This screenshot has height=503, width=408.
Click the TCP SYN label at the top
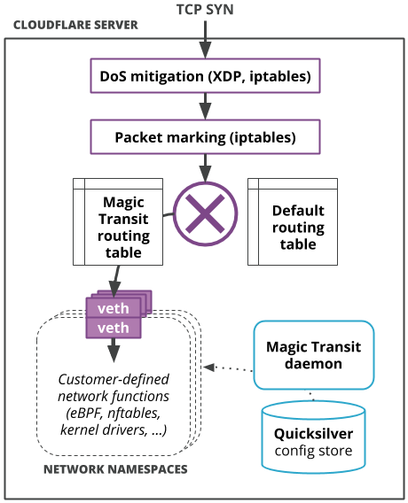(205, 10)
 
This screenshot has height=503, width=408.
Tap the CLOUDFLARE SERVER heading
(75, 25)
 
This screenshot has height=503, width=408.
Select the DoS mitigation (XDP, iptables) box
(205, 76)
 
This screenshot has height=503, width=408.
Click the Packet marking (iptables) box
(205, 137)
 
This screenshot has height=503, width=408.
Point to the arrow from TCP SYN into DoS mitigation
(205, 40)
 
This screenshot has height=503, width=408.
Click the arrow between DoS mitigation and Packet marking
(205, 106)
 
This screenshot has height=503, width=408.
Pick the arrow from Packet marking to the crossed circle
(205, 168)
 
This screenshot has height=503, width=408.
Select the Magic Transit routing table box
(118, 222)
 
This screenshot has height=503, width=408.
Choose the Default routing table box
(293, 222)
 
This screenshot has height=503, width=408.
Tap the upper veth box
(113, 308)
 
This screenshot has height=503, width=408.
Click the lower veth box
(113, 328)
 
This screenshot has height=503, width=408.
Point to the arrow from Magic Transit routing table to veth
(115, 282)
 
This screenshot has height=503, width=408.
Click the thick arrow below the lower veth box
(114, 351)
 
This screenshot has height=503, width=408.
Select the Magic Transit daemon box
(314, 355)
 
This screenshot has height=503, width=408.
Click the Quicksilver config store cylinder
(314, 437)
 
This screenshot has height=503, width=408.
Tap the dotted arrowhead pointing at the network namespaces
(208, 367)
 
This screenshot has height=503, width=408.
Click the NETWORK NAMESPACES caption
(115, 469)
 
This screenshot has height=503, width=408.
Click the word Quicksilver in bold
(314, 434)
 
